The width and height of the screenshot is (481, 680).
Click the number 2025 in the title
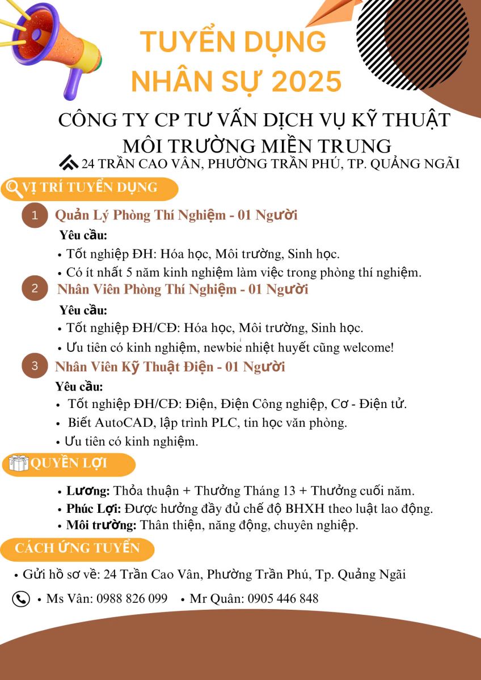coord(306,82)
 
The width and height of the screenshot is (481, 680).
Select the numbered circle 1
coord(35,215)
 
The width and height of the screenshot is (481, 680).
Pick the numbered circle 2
coord(35,288)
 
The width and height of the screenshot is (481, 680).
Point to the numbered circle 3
coord(35,366)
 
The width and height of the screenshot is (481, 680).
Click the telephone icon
coord(21,599)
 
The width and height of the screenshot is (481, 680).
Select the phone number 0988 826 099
coord(132,599)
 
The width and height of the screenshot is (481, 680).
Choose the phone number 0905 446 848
coord(282,599)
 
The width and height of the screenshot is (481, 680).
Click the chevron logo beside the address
coord(69,163)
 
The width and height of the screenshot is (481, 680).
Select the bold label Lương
coord(88,491)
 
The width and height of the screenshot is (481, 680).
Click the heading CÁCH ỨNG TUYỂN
coord(77,548)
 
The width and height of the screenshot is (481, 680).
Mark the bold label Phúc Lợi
coord(93,508)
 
